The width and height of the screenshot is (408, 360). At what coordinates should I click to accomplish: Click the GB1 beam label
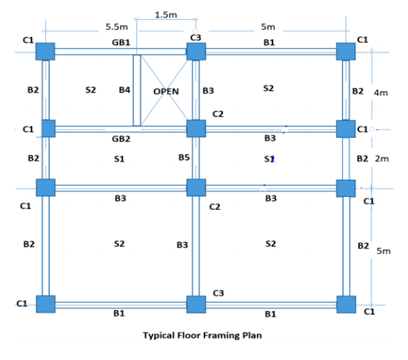click(x=121, y=42)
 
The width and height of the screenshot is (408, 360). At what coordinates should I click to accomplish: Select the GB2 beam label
click(x=120, y=139)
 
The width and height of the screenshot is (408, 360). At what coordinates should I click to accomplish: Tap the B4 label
click(x=124, y=90)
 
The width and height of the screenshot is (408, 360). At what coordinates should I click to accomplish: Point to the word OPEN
click(x=166, y=90)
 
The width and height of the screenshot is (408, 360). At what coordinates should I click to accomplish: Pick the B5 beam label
click(x=184, y=157)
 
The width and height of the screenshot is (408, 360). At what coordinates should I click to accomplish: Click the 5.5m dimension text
click(x=116, y=27)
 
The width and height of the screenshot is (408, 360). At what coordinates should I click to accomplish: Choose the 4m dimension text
click(x=380, y=92)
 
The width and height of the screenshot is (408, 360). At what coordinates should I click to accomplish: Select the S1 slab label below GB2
click(x=119, y=159)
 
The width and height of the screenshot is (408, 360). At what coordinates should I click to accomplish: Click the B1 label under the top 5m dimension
click(x=269, y=42)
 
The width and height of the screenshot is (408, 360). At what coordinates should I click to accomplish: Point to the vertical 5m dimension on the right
click(x=383, y=260)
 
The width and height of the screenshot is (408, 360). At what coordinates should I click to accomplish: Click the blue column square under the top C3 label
click(x=196, y=51)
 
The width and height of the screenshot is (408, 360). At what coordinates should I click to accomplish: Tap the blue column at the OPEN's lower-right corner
click(x=196, y=127)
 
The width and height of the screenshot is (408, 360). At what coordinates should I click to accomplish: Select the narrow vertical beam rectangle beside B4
click(x=137, y=90)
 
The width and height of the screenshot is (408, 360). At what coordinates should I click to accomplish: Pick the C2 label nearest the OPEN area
click(x=217, y=114)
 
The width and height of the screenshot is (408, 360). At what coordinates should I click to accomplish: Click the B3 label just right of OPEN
click(x=208, y=90)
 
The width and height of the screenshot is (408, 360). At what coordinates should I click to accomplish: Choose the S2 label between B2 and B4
click(x=90, y=90)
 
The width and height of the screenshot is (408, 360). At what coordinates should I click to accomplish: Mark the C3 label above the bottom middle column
click(x=218, y=293)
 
